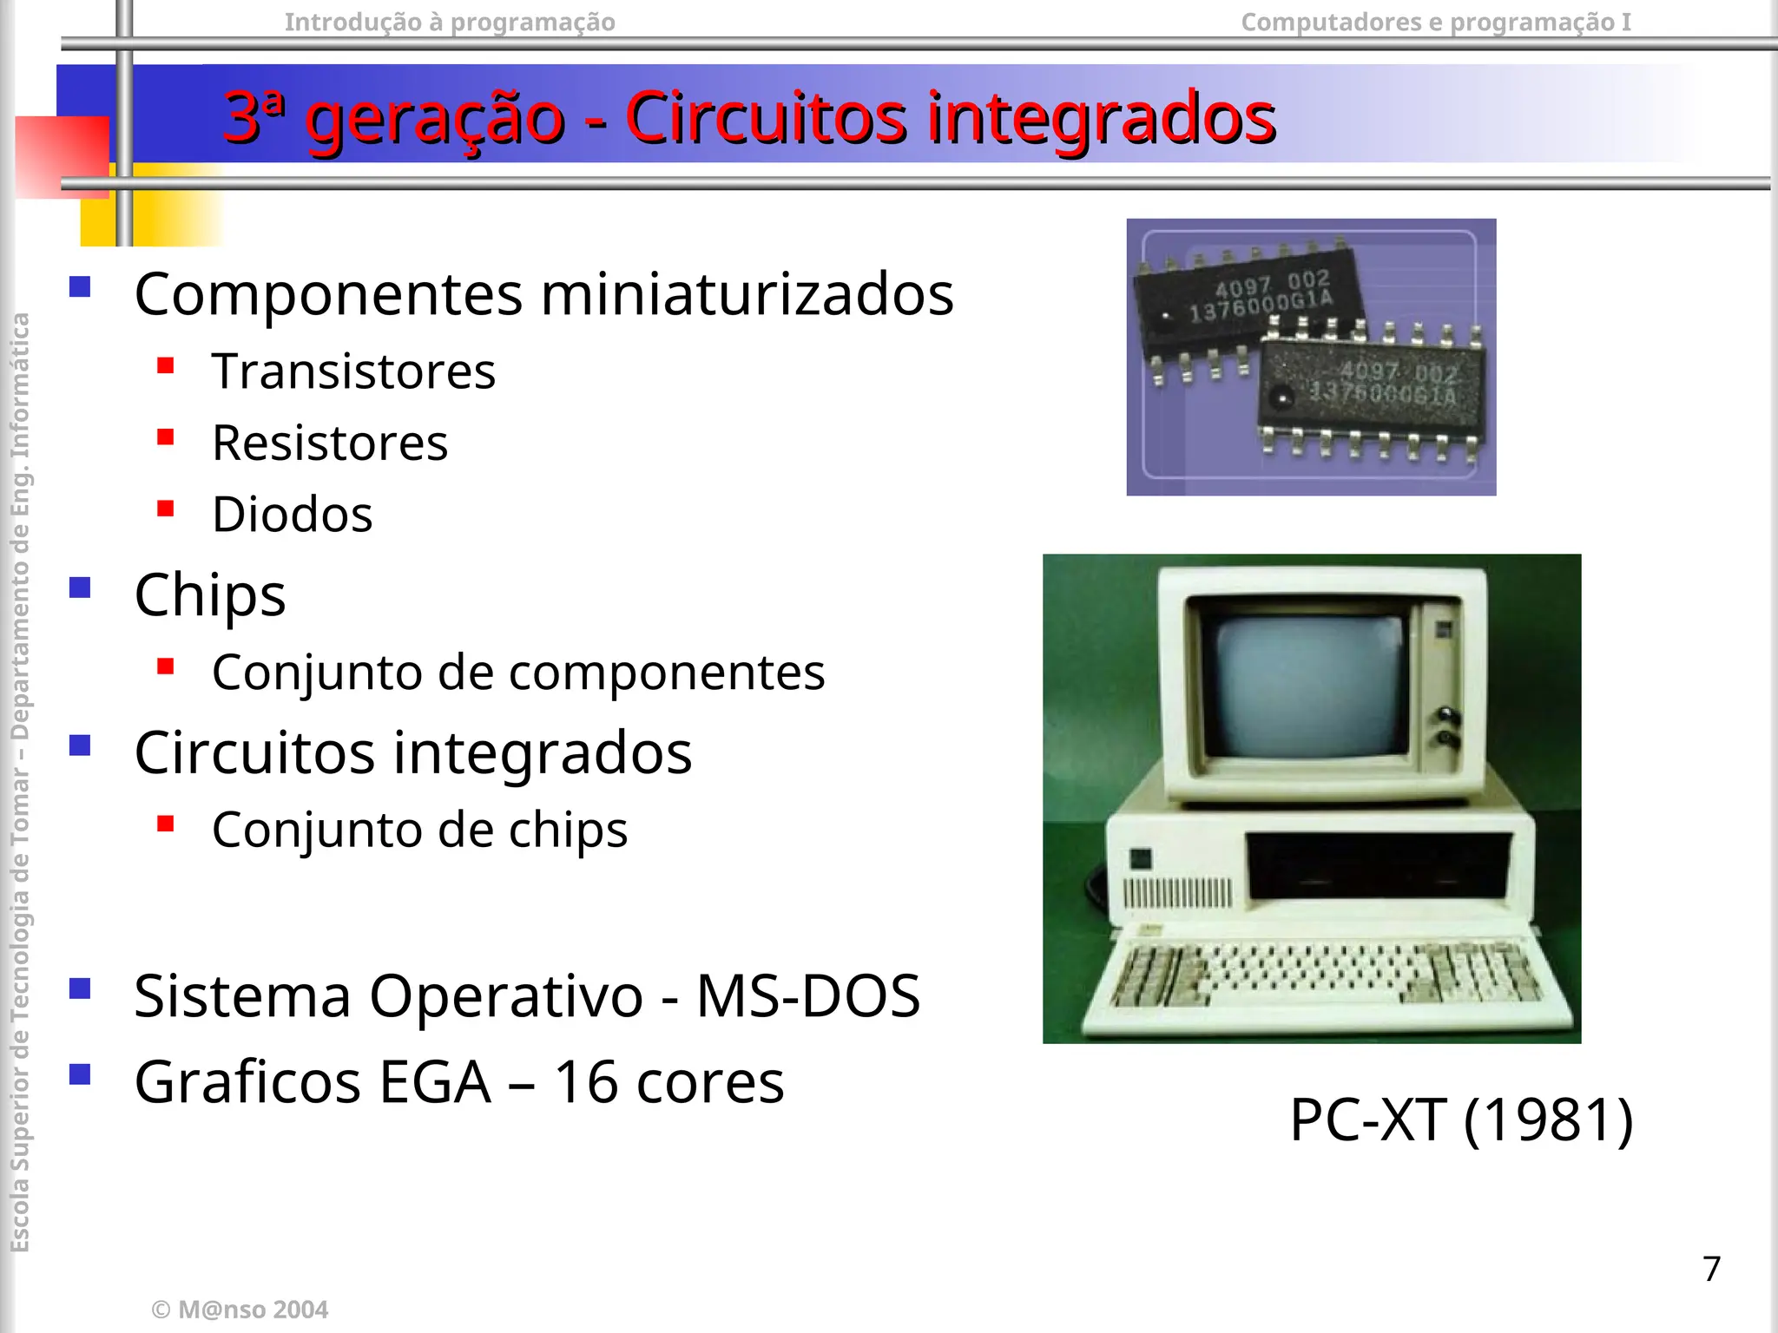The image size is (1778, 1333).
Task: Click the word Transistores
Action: pos(353,371)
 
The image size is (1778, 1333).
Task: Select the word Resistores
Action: pos(330,443)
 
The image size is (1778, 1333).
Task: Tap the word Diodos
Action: pos(293,514)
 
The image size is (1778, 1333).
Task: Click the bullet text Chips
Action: pos(210,595)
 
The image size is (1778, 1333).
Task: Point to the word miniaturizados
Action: pos(747,293)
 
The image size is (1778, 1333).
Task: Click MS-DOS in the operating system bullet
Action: pos(807,995)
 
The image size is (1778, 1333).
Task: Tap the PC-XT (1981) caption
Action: pos(1461,1120)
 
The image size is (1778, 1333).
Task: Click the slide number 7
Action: pos(1711,1269)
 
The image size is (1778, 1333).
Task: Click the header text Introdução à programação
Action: pos(450,22)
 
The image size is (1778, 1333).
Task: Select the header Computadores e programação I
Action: pos(1435,22)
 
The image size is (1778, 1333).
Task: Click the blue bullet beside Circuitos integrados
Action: pos(81,745)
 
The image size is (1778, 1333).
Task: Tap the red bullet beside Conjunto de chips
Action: pos(166,824)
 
